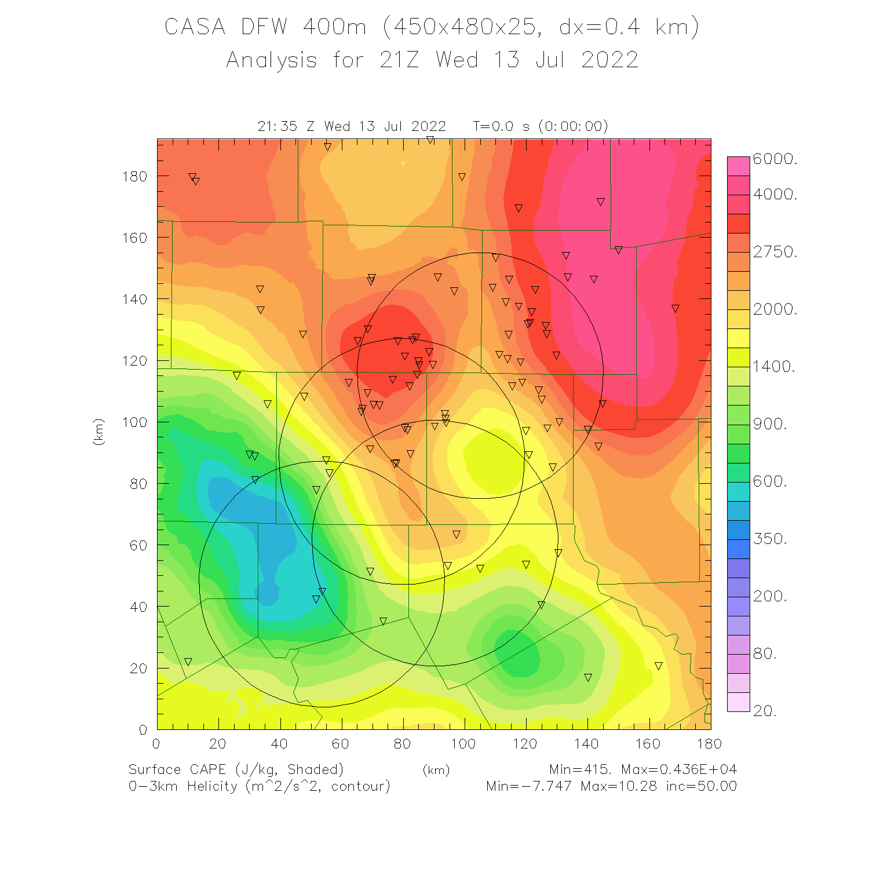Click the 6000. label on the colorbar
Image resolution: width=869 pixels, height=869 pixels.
point(775,159)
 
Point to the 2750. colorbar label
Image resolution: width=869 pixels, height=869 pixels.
point(775,252)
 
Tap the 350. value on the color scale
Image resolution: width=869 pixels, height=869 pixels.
point(770,539)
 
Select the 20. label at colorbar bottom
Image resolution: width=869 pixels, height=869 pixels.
point(765,711)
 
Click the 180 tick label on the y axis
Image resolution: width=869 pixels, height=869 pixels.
point(134,176)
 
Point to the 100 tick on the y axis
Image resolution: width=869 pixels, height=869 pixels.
point(134,422)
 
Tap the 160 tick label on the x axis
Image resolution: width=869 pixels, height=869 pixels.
point(648,744)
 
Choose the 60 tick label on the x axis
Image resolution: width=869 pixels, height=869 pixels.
point(341,744)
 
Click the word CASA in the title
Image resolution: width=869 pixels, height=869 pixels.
point(195,27)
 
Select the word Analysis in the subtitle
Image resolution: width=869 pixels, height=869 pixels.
point(271,60)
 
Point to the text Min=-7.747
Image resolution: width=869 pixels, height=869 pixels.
point(528,786)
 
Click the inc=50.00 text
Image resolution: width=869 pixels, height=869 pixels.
point(701,786)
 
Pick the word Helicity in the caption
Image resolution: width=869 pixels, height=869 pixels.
point(212,786)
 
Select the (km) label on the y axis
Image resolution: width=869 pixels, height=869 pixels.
point(98,432)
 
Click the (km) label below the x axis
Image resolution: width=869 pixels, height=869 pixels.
point(436,770)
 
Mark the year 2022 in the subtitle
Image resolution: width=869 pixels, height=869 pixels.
point(609,60)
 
